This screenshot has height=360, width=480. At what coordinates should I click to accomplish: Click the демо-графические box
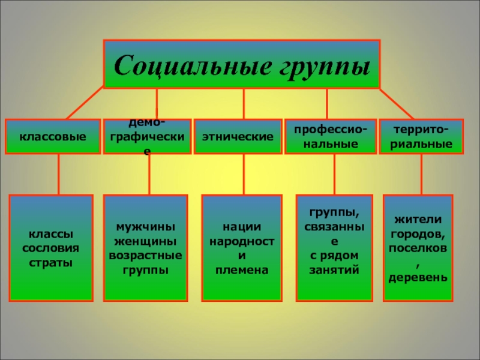tap(147, 137)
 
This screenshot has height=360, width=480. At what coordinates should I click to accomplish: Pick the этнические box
tap(238, 137)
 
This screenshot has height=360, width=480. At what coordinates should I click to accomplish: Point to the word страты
tap(50, 262)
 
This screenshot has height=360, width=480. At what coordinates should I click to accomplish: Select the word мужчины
tap(145, 227)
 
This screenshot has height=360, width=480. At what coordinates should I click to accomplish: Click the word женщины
tap(145, 242)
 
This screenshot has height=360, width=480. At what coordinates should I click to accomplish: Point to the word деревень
tap(418, 278)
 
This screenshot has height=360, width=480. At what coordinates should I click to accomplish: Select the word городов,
tap(418, 233)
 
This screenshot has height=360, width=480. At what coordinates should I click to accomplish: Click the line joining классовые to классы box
tap(59, 174)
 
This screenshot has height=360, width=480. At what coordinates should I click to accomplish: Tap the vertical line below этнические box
tap(244, 174)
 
